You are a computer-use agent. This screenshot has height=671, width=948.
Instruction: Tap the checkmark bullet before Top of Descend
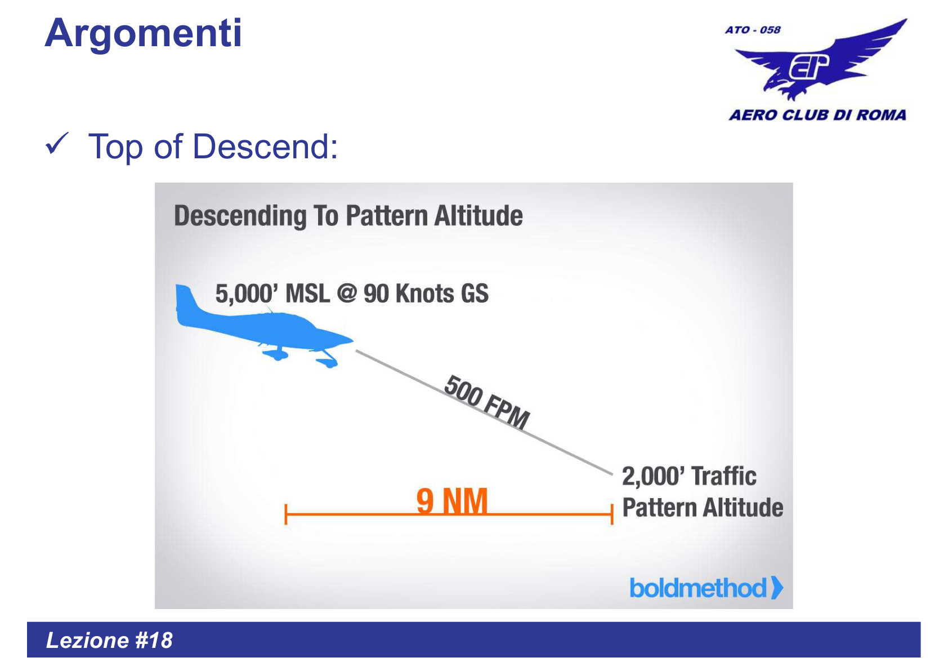[57, 144]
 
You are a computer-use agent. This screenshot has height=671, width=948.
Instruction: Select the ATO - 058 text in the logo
[753, 30]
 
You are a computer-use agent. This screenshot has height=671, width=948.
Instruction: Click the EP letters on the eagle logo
[808, 66]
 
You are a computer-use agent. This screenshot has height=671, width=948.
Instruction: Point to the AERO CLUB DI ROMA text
[817, 115]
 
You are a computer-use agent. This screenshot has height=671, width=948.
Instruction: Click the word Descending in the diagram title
[240, 216]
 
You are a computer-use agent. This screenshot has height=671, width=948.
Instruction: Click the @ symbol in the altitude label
[347, 294]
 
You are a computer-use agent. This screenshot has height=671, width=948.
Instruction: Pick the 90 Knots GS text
[426, 294]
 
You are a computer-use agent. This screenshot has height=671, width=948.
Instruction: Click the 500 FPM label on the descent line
[486, 402]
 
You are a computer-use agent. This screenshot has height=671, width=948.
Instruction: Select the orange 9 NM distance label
[451, 501]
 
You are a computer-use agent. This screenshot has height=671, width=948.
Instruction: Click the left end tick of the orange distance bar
[286, 514]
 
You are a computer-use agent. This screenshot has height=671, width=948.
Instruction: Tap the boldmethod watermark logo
[705, 588]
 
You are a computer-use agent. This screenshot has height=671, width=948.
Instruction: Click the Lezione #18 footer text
[109, 641]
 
